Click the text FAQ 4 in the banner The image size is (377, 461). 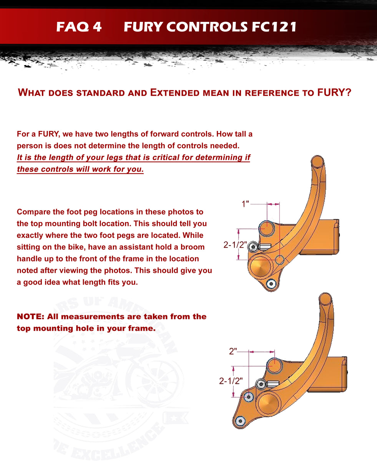coord(79,27)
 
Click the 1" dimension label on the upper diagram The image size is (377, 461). coord(246,204)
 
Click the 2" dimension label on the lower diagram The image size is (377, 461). coord(233,351)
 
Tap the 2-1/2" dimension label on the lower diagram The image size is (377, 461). coord(231,381)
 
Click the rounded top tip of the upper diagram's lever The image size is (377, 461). coord(317,161)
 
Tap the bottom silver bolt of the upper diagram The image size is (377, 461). coord(272,284)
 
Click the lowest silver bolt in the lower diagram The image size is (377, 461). coord(241,421)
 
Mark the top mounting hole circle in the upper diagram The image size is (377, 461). coord(266,228)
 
